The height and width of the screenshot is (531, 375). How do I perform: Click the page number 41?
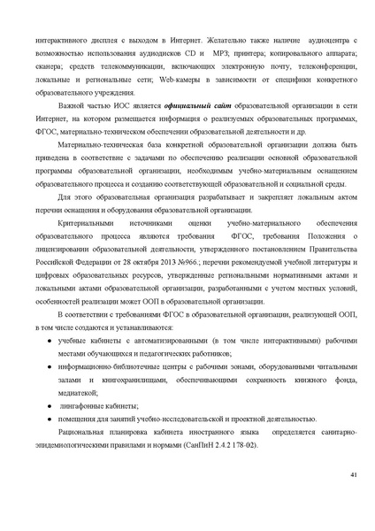[x=354, y=476]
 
